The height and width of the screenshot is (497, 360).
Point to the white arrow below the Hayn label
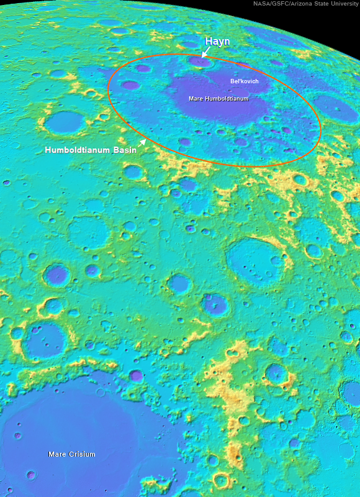pyautogui.click(x=205, y=53)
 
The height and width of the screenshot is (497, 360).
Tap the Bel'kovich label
pyautogui.click(x=244, y=81)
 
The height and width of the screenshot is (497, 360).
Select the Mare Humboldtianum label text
pyautogui.click(x=218, y=98)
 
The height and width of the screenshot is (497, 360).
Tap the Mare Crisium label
pyautogui.click(x=72, y=454)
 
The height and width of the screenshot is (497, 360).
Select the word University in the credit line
pyautogui.click(x=343, y=4)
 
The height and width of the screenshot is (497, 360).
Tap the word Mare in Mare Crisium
pyautogui.click(x=56, y=454)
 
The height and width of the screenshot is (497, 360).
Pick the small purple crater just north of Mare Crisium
pyautogui.click(x=137, y=375)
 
